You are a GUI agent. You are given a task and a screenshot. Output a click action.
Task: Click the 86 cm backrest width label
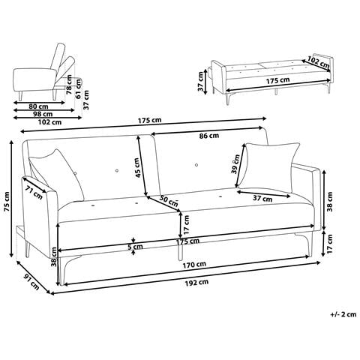pos(209,136)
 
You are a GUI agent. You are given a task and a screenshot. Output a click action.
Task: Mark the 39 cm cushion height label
pos(236,160)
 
